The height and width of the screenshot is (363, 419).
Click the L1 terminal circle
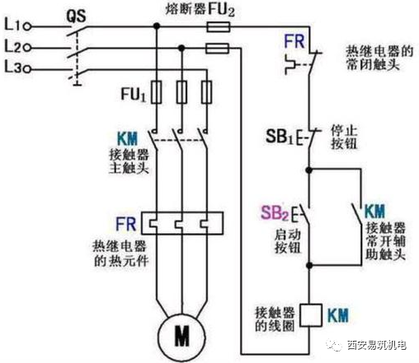point(27,26)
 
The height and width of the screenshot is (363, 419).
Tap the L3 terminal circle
point(27,69)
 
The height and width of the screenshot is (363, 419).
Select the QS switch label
point(76,16)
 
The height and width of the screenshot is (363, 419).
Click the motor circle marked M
point(181,337)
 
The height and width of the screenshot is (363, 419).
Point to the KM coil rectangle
point(311,315)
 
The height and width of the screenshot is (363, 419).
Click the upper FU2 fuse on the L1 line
point(219,27)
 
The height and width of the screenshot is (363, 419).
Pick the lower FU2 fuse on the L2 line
point(217,49)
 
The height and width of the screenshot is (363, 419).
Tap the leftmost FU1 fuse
point(157,92)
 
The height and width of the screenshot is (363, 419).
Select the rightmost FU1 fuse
point(206,92)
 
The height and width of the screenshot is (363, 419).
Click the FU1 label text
point(134,94)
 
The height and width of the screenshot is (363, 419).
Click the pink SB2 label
point(275,212)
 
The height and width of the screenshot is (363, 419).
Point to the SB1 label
point(280,136)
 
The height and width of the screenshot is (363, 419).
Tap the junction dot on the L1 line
point(157,26)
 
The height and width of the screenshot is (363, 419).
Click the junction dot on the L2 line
point(181,49)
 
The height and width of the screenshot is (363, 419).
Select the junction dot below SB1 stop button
point(309,170)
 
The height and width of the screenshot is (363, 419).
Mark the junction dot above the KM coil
point(309,265)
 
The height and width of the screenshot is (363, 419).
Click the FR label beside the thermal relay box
point(126,224)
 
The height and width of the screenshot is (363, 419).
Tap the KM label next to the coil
point(338,315)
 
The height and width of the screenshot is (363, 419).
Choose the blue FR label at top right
point(294,42)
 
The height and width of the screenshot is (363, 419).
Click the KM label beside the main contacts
point(127,138)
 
